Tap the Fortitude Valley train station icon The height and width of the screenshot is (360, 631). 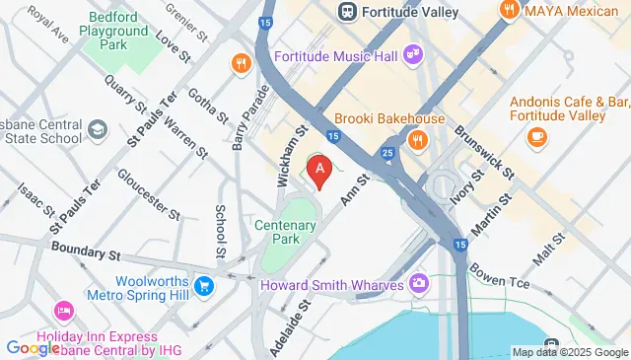tap(347, 12)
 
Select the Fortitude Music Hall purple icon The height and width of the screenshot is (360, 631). tap(414, 54)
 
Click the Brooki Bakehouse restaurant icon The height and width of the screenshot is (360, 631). tap(418, 140)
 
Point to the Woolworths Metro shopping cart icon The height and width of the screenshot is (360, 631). tap(204, 287)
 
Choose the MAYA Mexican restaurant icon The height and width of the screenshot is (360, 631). tap(509, 12)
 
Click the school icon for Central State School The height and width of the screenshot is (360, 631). tap(97, 129)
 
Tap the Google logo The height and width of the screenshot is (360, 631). tap(33, 347)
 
